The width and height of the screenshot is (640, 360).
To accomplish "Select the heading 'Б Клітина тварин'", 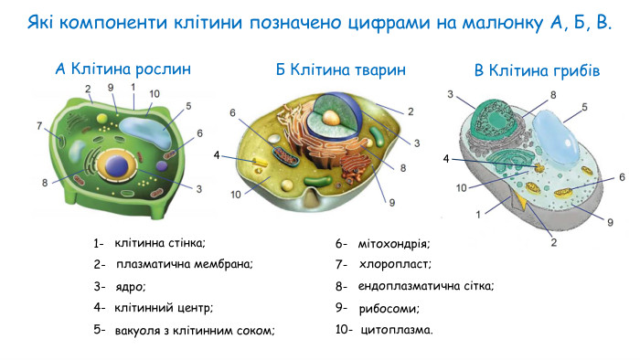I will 341,69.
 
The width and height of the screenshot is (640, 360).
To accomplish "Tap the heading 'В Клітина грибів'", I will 537,70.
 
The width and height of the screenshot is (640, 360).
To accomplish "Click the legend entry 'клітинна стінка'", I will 160,243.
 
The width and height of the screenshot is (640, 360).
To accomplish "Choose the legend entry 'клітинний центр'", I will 164,308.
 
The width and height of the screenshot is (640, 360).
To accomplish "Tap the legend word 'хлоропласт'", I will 394,265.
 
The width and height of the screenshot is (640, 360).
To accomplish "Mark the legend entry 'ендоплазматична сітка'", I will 426,286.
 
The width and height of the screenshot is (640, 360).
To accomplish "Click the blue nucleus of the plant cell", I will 117,166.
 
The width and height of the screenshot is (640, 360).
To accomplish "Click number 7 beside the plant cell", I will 39,125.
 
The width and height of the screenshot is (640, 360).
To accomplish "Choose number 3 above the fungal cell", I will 450,94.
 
